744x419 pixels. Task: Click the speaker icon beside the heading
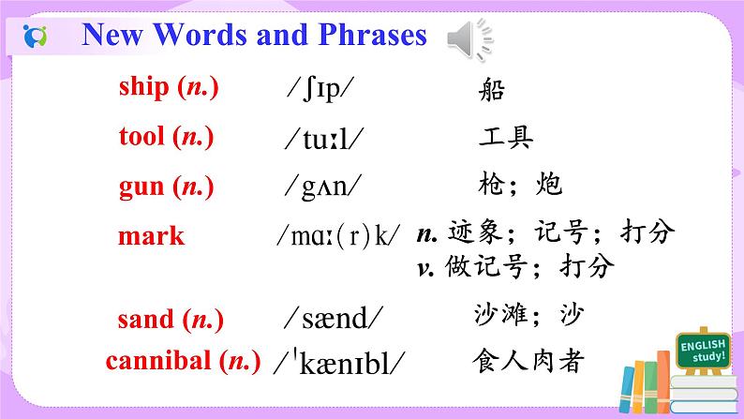pyautogui.click(x=469, y=37)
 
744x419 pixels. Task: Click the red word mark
pyautogui.click(x=151, y=236)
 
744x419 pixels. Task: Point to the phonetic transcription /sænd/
pyautogui.click(x=337, y=320)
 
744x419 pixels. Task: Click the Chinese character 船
pyautogui.click(x=490, y=90)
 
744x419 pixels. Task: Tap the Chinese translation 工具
pyautogui.click(x=505, y=139)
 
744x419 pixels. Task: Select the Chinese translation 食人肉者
pyautogui.click(x=530, y=361)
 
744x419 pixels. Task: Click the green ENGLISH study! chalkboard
pyautogui.click(x=702, y=352)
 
